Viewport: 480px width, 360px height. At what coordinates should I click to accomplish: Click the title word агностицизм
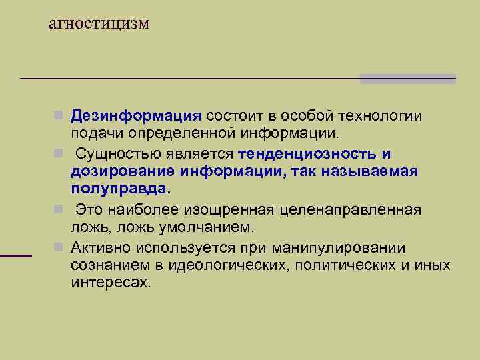tap(99, 25)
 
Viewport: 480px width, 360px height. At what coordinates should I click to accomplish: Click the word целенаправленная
tap(354, 211)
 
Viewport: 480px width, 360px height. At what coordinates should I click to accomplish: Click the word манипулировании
tap(338, 249)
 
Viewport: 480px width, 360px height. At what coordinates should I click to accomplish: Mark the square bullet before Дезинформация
tap(59, 116)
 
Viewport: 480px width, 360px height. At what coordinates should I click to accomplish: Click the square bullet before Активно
tap(59, 248)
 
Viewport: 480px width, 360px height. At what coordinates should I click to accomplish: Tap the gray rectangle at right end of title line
tap(407, 79)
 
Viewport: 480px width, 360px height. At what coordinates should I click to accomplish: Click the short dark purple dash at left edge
tap(16, 255)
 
